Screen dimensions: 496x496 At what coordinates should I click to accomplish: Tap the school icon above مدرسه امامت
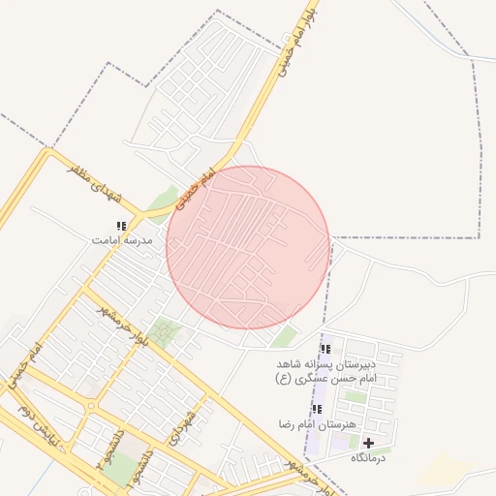[120, 226]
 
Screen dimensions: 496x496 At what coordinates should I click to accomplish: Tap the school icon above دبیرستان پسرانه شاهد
[325, 349]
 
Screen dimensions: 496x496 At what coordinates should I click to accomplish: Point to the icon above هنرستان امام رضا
[317, 409]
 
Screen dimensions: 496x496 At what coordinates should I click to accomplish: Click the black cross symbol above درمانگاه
[368, 443]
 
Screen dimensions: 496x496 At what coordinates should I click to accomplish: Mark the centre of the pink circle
[248, 247]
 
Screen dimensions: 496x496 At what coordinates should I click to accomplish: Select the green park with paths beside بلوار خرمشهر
[164, 334]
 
